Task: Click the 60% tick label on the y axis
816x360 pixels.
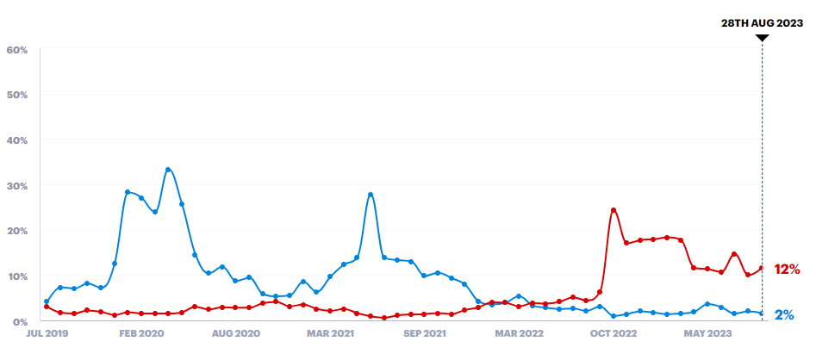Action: point(17,50)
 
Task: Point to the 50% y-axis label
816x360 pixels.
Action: point(17,95)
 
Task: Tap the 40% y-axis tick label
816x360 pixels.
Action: point(17,140)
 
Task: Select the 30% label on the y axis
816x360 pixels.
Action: point(17,186)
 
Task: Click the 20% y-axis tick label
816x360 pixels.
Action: point(17,231)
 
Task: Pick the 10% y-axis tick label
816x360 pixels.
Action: point(17,276)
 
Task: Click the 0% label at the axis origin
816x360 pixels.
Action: point(20,321)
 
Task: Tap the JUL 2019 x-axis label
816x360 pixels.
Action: point(48,332)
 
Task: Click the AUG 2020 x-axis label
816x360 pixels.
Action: point(235,332)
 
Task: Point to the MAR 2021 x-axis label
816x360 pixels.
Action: point(330,332)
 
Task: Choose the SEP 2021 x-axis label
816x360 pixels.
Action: point(424,332)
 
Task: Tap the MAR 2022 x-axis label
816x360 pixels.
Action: point(518,332)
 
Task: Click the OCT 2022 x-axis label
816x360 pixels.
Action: point(613,332)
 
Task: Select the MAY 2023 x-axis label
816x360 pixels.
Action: point(707,332)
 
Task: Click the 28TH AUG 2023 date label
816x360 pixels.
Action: point(763,23)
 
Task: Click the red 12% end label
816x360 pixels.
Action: point(788,270)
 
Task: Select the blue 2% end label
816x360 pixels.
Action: point(784,315)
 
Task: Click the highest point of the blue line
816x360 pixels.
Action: point(168,169)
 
